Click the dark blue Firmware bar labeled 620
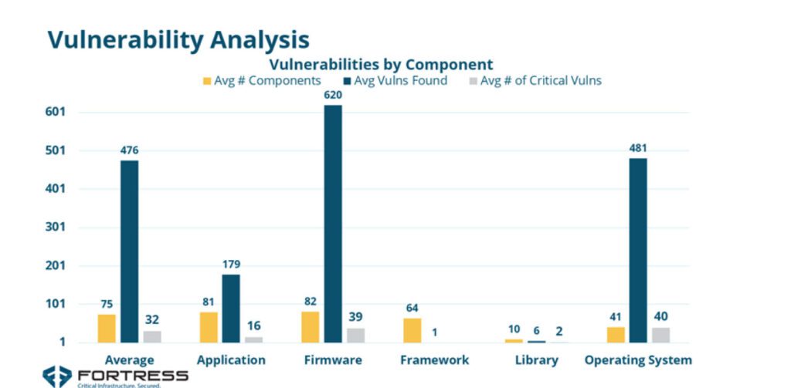pos(333,224)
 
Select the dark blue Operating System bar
pos(638,250)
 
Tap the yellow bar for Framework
pos(412,330)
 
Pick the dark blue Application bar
pos(231,308)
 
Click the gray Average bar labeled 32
pos(152,336)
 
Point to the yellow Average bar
pos(107,328)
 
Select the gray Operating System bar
pos(660,335)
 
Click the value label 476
pos(129,150)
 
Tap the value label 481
pos(638,148)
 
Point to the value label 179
pos(231,265)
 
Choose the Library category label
pos(536,360)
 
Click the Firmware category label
pos(333,360)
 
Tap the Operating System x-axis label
pos(638,360)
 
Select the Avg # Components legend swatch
pos(206,80)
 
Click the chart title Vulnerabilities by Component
pos(381,64)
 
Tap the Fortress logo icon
pos(57,376)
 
